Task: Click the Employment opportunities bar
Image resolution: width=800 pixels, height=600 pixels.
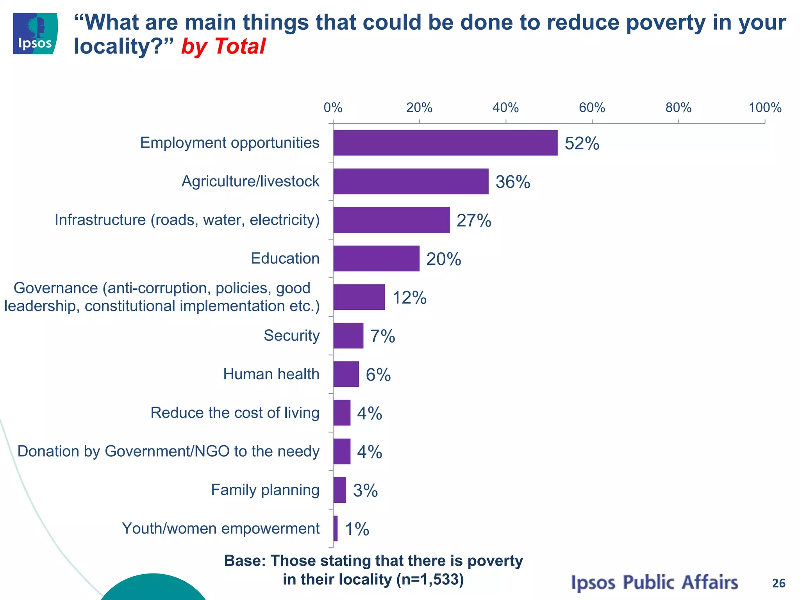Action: point(445,143)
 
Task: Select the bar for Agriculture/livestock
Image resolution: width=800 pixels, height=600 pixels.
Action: point(411,181)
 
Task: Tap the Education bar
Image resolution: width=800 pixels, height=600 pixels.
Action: point(376,258)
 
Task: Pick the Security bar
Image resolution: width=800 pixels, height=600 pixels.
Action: point(348,336)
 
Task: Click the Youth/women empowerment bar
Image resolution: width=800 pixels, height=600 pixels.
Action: point(336,529)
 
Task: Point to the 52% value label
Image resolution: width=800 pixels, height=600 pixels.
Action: point(582,143)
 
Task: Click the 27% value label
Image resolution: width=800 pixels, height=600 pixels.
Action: point(473,221)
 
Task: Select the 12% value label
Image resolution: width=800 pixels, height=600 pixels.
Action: point(409,298)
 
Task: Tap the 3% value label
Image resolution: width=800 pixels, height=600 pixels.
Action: point(365,491)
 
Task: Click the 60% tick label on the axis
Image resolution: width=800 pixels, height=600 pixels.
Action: point(592,108)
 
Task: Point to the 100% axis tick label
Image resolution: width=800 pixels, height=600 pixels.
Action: point(764,108)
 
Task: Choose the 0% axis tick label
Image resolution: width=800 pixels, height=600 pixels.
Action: point(333,108)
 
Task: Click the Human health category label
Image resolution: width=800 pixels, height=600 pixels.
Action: point(271,374)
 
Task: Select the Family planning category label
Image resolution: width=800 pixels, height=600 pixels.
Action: point(265,490)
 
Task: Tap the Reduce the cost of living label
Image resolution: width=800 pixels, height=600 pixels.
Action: point(235,413)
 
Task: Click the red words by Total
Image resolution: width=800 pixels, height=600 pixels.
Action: point(223,46)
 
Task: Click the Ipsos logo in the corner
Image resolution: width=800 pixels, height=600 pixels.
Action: point(35,34)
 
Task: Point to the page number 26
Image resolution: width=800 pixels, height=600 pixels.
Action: point(779,583)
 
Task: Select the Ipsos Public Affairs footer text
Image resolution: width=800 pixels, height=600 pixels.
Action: point(654,582)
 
